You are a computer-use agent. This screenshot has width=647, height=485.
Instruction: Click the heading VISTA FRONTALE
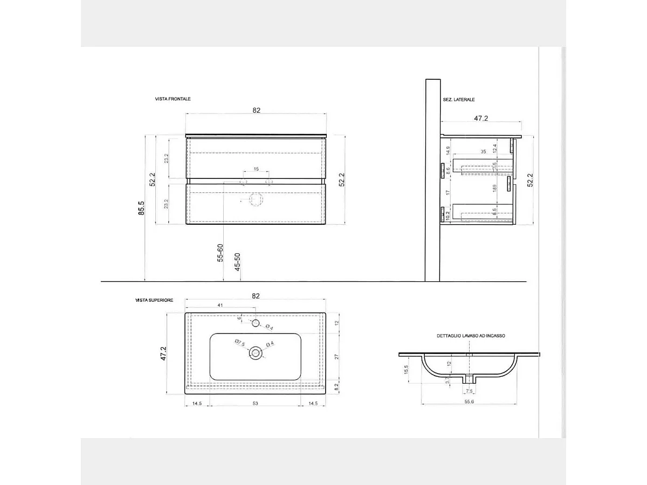173,99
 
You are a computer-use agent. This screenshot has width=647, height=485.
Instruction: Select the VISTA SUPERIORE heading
154,300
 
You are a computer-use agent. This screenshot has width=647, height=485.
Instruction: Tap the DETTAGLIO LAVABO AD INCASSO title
471,335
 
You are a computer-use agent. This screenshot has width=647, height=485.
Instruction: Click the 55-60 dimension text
220,253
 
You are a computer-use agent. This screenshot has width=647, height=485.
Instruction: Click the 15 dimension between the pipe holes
256,169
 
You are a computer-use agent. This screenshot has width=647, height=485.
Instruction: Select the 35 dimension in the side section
483,152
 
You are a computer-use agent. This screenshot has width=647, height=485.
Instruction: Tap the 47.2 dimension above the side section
481,118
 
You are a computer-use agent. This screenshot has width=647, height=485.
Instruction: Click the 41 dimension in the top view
220,306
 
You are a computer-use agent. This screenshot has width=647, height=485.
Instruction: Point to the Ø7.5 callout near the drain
240,343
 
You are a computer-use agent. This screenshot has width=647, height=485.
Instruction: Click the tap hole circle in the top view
256,323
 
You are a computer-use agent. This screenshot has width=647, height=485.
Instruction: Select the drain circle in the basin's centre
256,354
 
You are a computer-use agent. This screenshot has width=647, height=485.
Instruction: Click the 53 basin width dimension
256,403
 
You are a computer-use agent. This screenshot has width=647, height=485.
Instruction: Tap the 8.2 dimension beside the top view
337,386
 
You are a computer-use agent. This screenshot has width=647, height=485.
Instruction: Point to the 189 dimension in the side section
494,189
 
